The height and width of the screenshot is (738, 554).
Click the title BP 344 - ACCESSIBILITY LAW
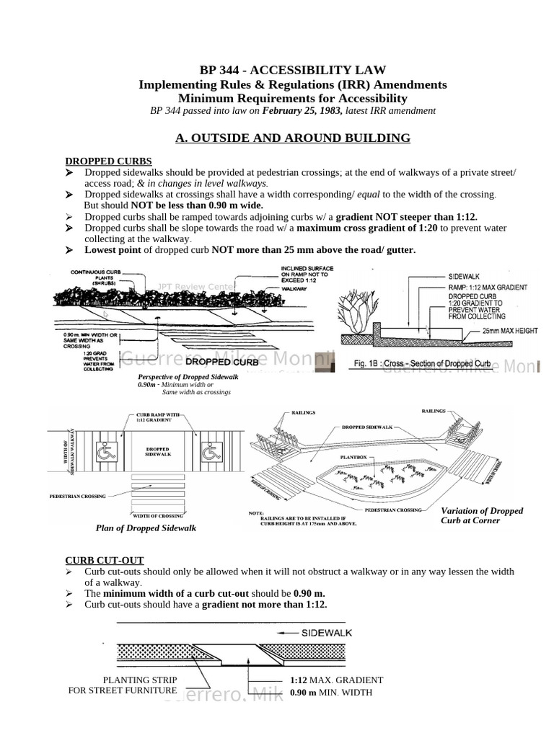click(292, 70)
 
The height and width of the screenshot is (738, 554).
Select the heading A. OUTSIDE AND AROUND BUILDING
click(292, 138)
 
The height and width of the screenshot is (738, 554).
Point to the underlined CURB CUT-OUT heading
click(105, 560)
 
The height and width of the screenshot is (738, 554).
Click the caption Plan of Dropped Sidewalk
click(146, 528)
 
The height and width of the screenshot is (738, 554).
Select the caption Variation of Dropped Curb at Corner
click(482, 515)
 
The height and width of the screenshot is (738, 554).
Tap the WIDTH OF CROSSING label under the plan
click(157, 515)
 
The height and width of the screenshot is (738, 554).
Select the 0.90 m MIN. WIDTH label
click(330, 693)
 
